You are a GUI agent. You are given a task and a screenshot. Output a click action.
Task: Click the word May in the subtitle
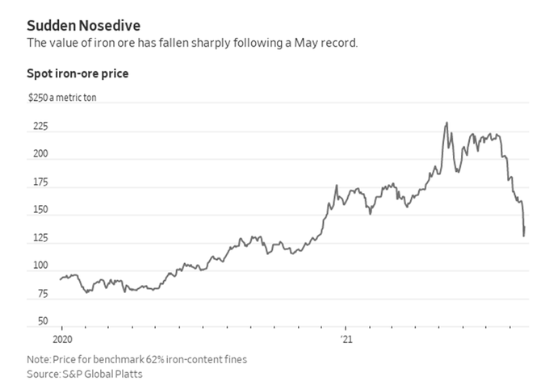[300, 42]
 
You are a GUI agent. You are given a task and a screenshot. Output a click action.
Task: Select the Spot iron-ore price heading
[78, 73]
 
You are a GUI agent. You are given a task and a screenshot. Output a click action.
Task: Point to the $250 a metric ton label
[62, 99]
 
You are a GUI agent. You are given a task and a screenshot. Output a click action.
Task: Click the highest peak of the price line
[446, 123]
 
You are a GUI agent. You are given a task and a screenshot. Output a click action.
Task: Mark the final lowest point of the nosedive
[523, 236]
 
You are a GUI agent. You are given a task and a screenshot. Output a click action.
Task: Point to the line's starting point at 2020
[60, 279]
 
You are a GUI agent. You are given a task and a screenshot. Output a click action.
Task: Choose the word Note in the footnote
[37, 360]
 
